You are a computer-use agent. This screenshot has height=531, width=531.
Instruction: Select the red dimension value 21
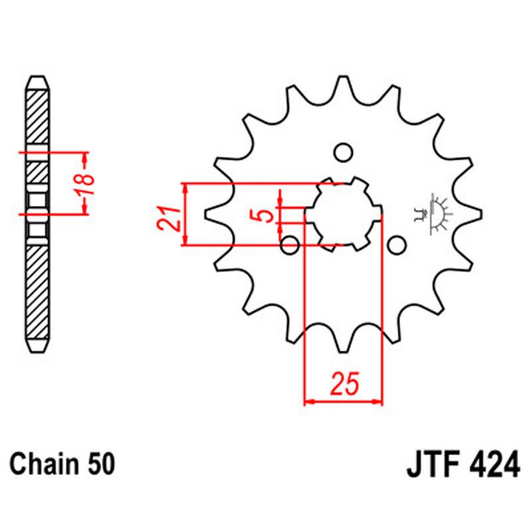170,217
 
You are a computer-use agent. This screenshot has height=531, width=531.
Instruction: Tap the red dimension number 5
264,215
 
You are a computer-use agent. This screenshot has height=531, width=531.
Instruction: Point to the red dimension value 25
343,383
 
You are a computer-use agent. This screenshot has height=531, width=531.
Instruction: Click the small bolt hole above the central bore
343,153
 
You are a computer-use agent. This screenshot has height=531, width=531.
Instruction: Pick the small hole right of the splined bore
396,246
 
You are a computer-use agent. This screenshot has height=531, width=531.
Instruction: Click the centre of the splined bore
343,214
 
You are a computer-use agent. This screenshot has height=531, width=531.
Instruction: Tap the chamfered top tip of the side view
37,81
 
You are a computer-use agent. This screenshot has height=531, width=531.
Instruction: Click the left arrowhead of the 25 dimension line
307,401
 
